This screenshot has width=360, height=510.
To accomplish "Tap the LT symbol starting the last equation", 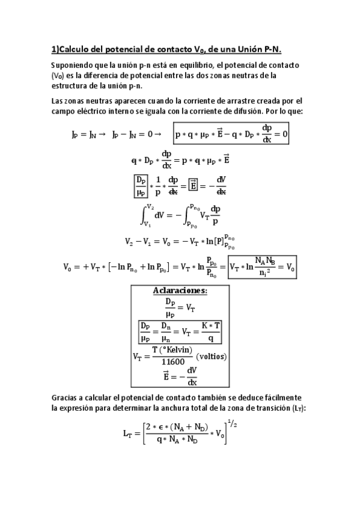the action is click(x=129, y=437).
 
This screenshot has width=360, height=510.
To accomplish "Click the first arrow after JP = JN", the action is click(x=102, y=135).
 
